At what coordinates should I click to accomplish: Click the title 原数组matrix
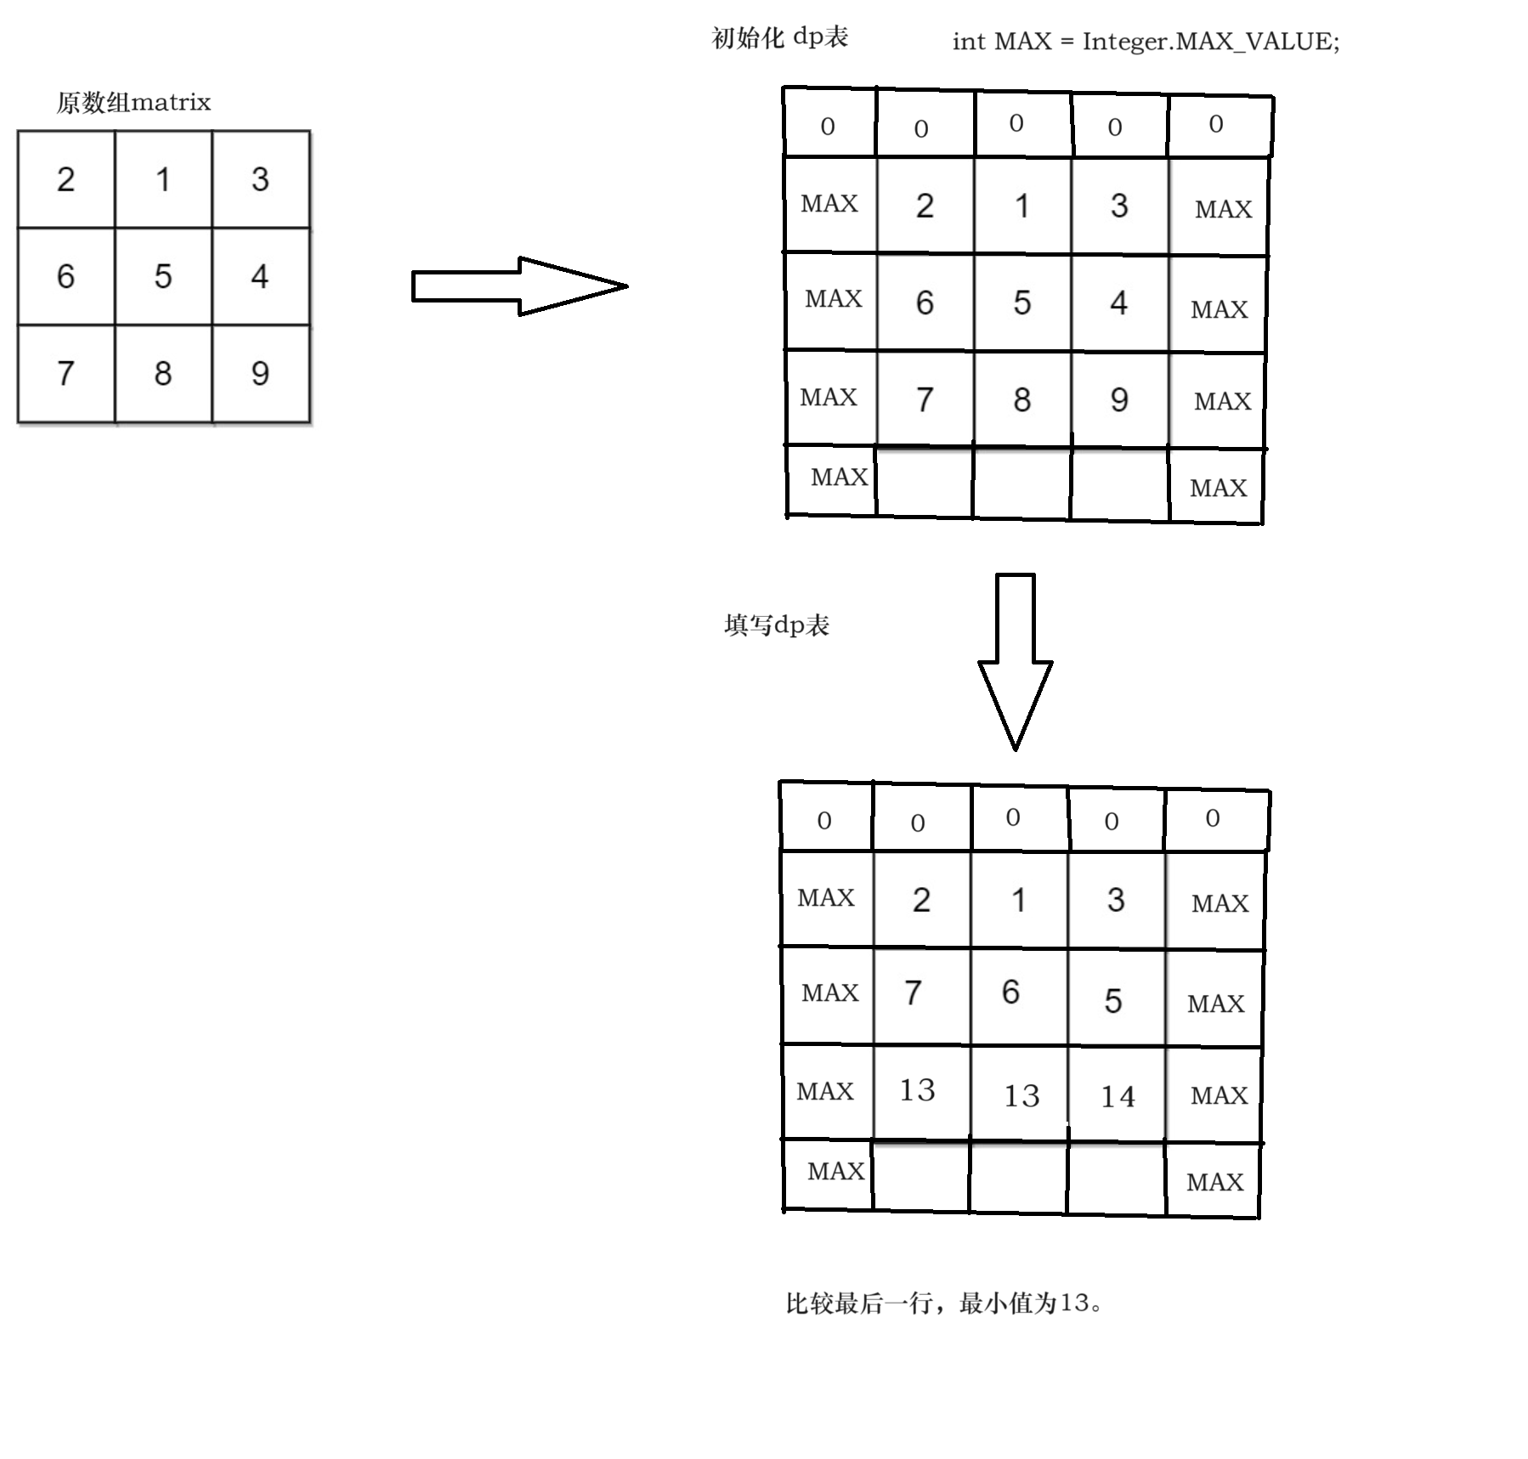tap(133, 103)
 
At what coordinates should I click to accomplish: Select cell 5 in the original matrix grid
tap(163, 276)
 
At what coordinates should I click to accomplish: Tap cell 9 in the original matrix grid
tap(260, 373)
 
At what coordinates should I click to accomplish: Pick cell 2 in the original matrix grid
tap(65, 179)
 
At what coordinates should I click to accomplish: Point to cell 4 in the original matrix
tap(260, 276)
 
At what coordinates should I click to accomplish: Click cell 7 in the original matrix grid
tap(65, 373)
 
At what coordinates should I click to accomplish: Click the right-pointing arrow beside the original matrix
tap(518, 286)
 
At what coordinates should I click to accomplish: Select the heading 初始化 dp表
tap(779, 37)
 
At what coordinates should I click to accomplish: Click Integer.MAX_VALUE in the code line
tap(1210, 41)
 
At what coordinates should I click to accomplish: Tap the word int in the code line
tap(969, 41)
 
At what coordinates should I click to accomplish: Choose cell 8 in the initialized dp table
tap(1021, 399)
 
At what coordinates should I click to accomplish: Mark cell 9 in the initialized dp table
tap(1119, 399)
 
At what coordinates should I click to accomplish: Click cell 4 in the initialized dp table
tap(1118, 303)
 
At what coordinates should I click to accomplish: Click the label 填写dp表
tap(776, 625)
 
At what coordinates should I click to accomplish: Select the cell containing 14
tap(1117, 1096)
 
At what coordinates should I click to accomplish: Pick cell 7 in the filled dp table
tap(914, 992)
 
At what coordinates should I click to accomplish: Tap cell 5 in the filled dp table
tap(1113, 1001)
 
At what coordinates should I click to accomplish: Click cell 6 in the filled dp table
tap(1010, 992)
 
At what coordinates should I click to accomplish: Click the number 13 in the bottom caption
tap(1074, 1302)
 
